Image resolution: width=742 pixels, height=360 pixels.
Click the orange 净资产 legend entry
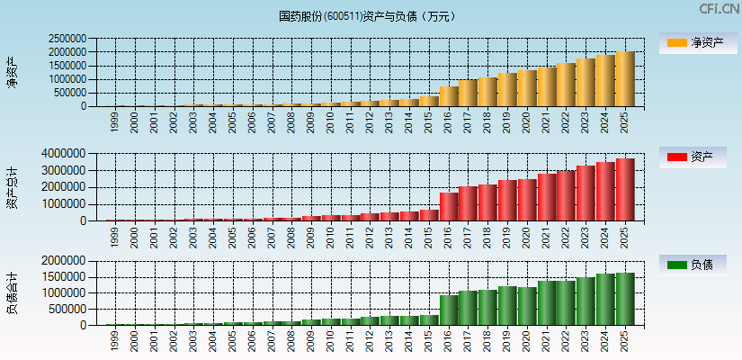693,43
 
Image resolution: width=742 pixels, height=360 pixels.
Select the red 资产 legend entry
693,157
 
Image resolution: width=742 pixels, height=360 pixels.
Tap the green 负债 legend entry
693,265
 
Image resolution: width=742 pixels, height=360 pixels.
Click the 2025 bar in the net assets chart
625,79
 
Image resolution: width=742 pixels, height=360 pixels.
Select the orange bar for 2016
449,96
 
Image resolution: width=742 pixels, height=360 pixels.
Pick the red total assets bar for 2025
625,190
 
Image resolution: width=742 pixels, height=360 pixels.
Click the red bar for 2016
449,207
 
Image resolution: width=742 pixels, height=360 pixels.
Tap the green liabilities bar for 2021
547,303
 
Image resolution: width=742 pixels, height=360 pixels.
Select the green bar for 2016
449,310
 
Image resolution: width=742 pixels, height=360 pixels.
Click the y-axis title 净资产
12,72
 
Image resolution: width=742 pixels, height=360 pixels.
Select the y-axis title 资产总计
12,187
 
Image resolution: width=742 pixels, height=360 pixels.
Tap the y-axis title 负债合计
12,292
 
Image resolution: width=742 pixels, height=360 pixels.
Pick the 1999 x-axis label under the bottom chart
115,339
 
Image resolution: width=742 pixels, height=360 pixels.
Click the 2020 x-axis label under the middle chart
527,235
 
